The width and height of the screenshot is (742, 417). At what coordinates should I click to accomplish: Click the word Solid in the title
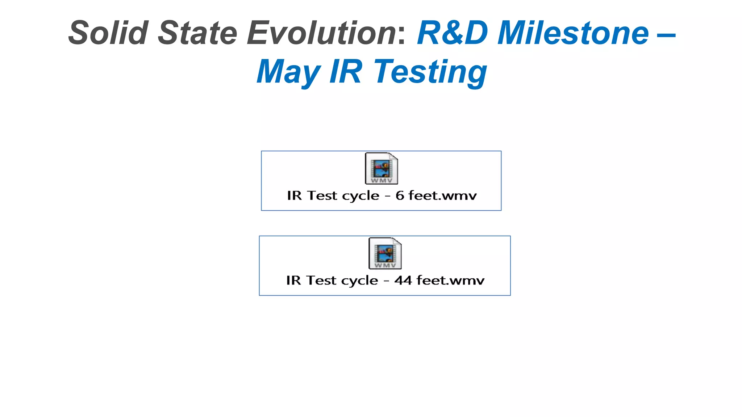pyautogui.click(x=108, y=33)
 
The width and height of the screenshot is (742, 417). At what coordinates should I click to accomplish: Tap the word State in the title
pyautogui.click(x=197, y=33)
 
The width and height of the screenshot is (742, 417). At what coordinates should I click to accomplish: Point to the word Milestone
pyautogui.click(x=573, y=33)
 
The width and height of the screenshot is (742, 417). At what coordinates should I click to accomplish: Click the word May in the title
pyautogui.click(x=288, y=72)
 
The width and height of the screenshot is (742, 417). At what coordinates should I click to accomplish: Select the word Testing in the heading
pyautogui.click(x=430, y=72)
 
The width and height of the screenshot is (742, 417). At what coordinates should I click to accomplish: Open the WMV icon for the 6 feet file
pyautogui.click(x=381, y=169)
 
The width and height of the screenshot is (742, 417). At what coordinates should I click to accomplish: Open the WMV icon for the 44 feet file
pyautogui.click(x=385, y=253)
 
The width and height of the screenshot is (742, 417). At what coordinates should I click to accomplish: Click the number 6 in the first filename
pyautogui.click(x=400, y=196)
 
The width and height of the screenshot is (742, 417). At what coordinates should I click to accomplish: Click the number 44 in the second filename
pyautogui.click(x=403, y=281)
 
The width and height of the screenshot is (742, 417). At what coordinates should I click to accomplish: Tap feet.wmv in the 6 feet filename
pyautogui.click(x=442, y=196)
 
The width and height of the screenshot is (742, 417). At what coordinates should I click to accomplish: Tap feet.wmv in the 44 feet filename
pyautogui.click(x=450, y=281)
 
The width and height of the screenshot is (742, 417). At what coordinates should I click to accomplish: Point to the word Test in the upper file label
pyautogui.click(x=322, y=196)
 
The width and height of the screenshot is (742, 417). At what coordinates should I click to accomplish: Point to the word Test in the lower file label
pyautogui.click(x=321, y=281)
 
